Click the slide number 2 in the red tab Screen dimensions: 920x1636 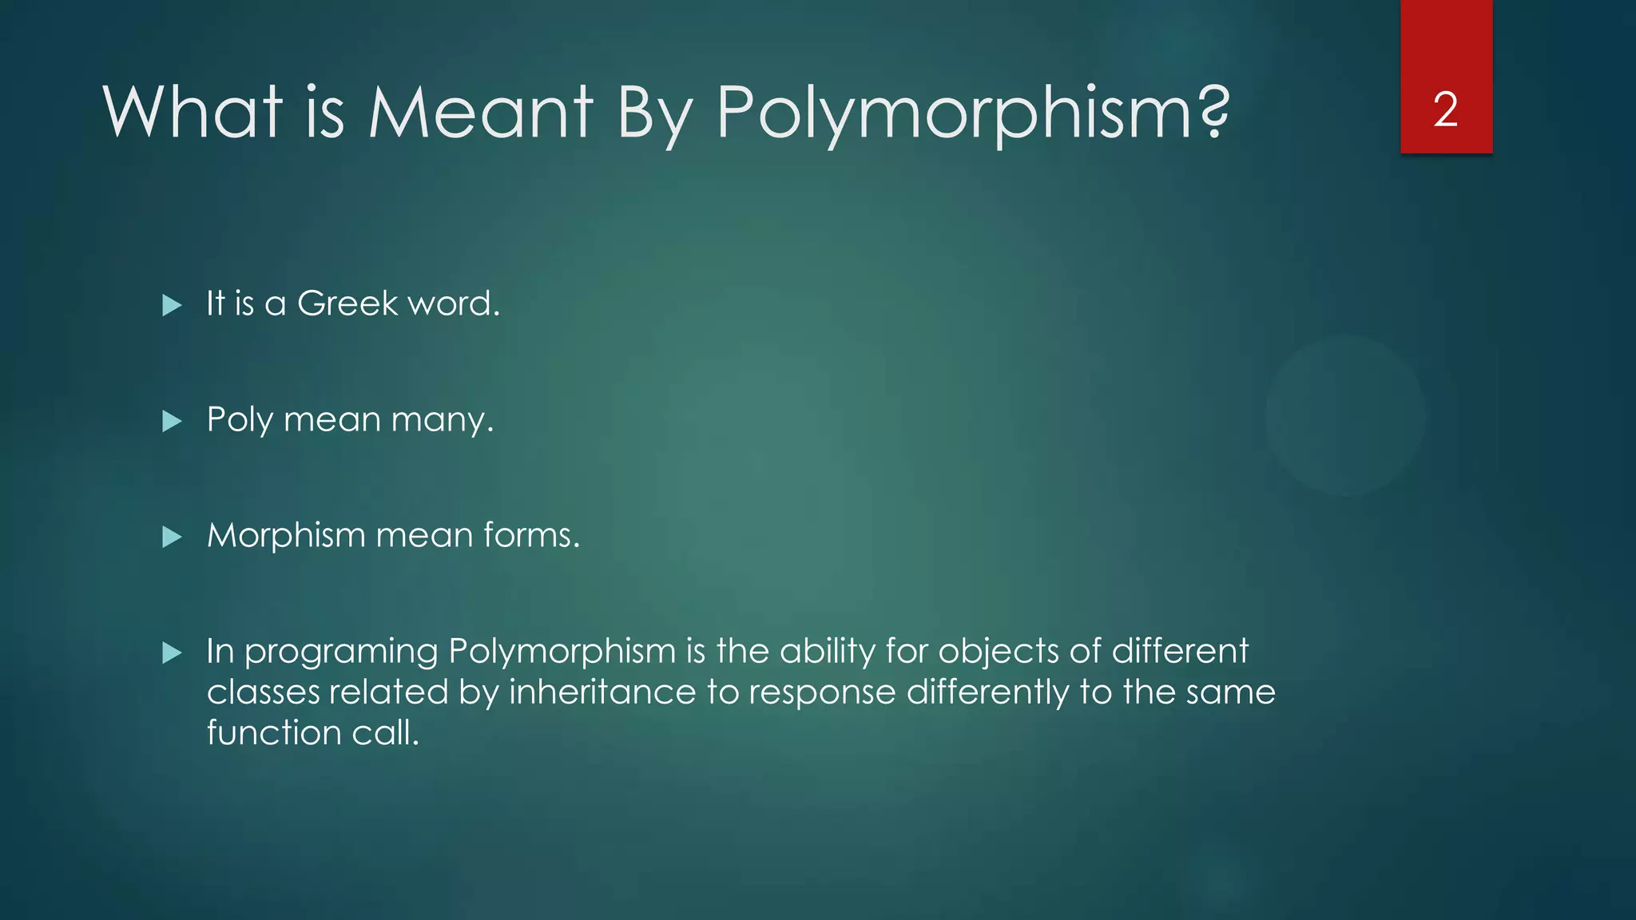click(x=1445, y=109)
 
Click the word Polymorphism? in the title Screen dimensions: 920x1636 click(x=972, y=113)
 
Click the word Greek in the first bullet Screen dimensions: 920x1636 click(x=347, y=303)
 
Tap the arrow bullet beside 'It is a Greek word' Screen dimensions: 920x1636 click(x=172, y=305)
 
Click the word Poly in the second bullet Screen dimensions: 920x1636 click(x=239, y=420)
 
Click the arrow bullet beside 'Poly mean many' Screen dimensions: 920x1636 click(x=172, y=421)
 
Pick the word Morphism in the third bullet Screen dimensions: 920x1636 click(x=286, y=535)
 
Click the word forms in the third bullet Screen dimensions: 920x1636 click(x=531, y=535)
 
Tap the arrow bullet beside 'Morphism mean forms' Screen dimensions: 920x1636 click(x=172, y=537)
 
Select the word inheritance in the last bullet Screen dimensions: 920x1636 click(x=602, y=692)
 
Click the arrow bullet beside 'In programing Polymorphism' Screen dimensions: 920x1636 click(x=172, y=653)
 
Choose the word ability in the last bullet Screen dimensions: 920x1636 click(x=828, y=652)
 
